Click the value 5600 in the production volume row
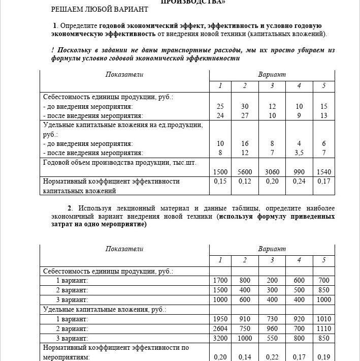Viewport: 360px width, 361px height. (x=245, y=172)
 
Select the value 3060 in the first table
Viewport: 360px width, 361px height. (x=272, y=172)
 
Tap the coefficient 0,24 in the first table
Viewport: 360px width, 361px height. (x=299, y=181)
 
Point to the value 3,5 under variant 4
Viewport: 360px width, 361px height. (x=299, y=153)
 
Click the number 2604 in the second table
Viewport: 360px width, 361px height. (x=220, y=328)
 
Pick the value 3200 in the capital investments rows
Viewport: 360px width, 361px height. (x=220, y=338)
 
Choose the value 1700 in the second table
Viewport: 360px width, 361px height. (x=220, y=280)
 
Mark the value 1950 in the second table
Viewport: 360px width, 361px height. (x=220, y=319)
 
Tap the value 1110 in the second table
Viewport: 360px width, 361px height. (x=323, y=328)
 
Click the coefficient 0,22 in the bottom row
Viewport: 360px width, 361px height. (x=272, y=357)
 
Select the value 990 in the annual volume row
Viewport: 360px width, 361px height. (x=299, y=172)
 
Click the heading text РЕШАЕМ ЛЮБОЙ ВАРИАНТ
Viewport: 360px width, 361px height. (x=100, y=9)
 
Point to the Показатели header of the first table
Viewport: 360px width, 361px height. (x=124, y=75)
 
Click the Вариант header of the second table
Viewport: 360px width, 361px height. (x=272, y=249)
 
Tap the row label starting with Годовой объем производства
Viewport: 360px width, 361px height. (x=119, y=163)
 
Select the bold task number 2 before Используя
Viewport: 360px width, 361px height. (x=70, y=208)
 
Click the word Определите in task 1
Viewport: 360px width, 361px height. (x=79, y=25)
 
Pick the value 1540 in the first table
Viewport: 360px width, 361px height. (x=323, y=172)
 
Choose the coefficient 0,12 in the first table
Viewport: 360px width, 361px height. (x=245, y=181)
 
